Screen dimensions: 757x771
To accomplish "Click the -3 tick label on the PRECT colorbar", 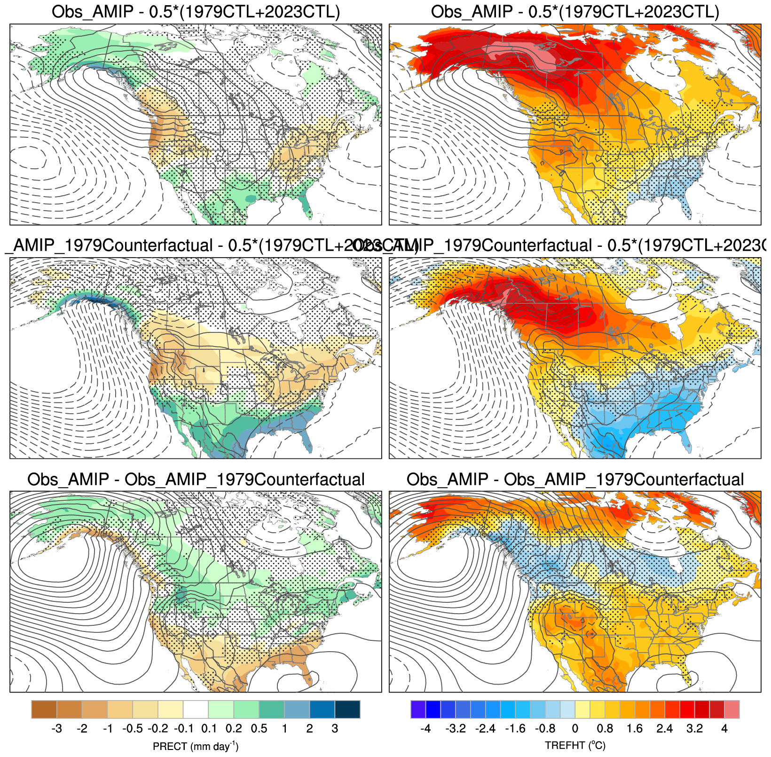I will tap(56, 729).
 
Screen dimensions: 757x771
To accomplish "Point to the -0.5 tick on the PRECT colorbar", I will tap(133, 729).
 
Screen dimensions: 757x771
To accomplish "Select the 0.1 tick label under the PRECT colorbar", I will tap(209, 729).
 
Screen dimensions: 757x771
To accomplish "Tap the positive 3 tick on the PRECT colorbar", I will tap(335, 729).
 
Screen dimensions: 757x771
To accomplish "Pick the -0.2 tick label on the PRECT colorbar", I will tap(158, 729).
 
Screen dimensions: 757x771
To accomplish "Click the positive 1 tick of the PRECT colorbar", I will tap(284, 729).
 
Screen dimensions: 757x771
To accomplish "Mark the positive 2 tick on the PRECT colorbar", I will tap(309, 729).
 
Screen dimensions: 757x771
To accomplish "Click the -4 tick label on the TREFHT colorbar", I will tap(425, 729).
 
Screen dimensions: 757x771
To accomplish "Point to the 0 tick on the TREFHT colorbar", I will tap(575, 729).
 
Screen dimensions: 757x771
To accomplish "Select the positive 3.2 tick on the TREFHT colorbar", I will tap(694, 729).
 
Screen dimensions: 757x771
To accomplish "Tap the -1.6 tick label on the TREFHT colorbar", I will tap(515, 729).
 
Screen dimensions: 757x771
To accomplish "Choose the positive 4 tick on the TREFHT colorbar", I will tap(724, 729).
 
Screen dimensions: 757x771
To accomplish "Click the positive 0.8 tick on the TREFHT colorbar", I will tap(605, 729).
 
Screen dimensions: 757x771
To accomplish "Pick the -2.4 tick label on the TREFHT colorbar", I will tap(485, 729).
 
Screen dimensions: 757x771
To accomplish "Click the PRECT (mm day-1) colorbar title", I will tap(196, 746).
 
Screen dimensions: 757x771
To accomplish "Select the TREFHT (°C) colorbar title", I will tap(575, 746).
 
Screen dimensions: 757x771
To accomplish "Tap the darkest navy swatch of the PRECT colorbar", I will tap(347, 710).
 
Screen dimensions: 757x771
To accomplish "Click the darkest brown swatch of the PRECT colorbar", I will tap(44, 710).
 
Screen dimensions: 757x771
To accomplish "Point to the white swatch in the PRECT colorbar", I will tap(196, 710).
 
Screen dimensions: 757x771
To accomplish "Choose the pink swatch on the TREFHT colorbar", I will tap(732, 710).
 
